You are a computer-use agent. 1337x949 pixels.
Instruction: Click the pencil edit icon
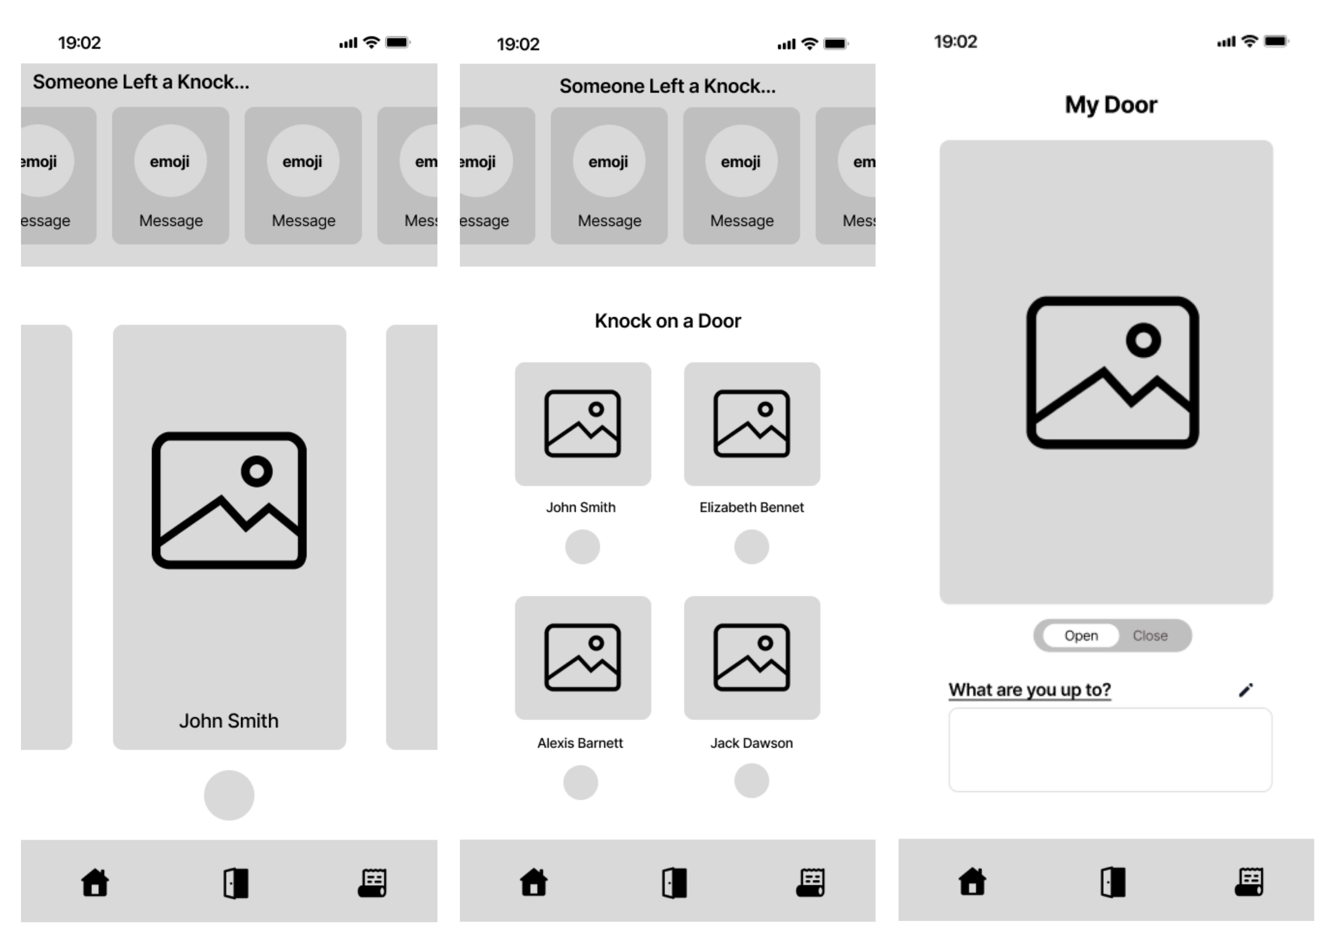[1246, 690]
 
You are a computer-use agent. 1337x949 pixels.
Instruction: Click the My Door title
[1111, 105]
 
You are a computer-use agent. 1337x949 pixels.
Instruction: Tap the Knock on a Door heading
[667, 321]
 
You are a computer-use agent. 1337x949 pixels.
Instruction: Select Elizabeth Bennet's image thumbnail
[752, 424]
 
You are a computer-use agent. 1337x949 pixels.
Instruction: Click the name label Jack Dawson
[751, 743]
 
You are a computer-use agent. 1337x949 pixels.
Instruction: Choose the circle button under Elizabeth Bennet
[751, 546]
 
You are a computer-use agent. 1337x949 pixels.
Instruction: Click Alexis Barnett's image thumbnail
[582, 657]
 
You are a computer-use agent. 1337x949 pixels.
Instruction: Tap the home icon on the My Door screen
[972, 881]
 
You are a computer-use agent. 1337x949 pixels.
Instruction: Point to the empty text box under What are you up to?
[1110, 750]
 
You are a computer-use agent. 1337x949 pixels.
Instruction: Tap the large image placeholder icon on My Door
[1112, 372]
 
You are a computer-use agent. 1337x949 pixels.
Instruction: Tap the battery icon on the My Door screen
[1276, 41]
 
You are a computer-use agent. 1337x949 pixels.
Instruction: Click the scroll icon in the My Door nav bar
[1249, 881]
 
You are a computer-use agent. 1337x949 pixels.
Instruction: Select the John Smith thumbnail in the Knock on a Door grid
[582, 424]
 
